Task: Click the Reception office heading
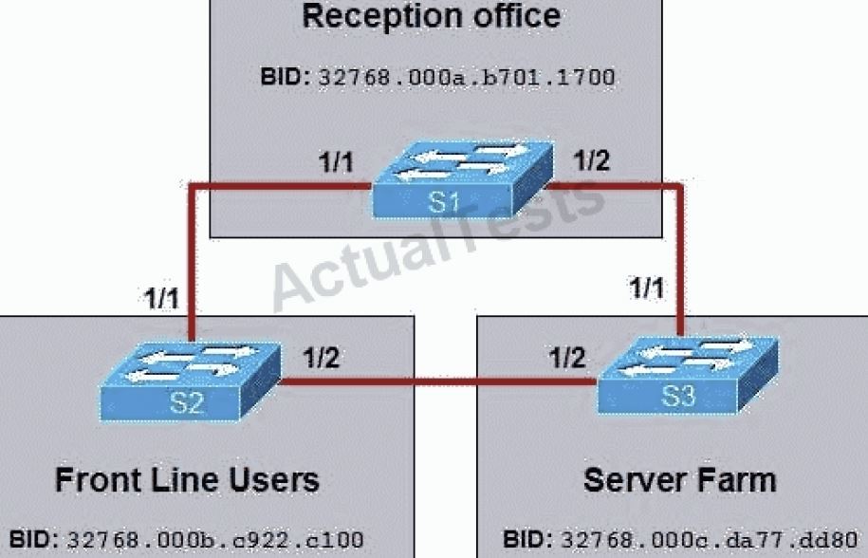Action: [430, 16]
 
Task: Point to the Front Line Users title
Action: [187, 479]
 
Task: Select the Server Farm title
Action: [679, 479]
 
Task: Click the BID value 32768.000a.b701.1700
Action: [464, 77]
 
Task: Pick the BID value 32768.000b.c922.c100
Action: [213, 540]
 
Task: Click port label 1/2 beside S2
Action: [322, 359]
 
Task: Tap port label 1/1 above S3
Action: [650, 288]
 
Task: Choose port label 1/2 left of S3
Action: [566, 359]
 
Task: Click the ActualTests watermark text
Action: [436, 237]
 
